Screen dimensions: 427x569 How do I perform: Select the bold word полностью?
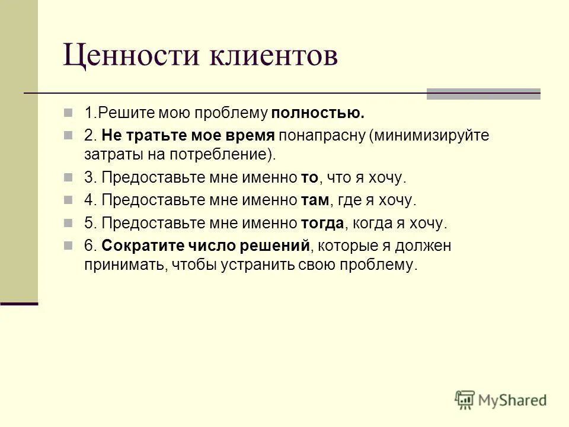318,113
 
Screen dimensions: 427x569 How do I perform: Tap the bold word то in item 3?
309,177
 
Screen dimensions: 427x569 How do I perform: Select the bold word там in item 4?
314,200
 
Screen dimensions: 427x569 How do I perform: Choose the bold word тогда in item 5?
322,223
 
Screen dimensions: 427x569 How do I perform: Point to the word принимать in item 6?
124,265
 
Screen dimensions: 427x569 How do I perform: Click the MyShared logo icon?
465,400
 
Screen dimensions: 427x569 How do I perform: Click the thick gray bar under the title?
484,93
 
